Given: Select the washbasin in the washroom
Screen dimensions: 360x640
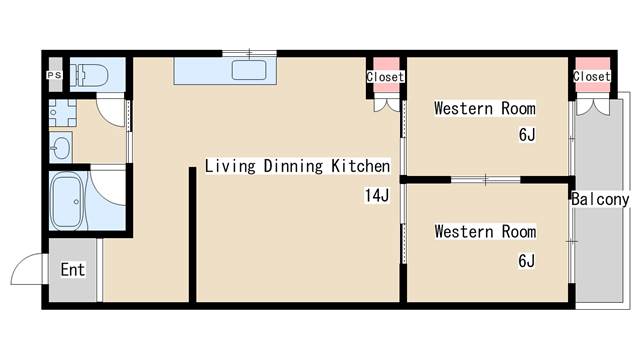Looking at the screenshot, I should pyautogui.click(x=60, y=148).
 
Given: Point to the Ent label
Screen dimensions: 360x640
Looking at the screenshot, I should pyautogui.click(x=72, y=269).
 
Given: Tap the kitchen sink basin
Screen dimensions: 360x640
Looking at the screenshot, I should pyautogui.click(x=249, y=71).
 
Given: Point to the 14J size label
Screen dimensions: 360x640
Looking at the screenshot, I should pyautogui.click(x=376, y=196).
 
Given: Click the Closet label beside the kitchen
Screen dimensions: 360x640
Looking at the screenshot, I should pyautogui.click(x=385, y=77).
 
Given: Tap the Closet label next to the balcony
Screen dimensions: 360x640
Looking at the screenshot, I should pyautogui.click(x=591, y=77).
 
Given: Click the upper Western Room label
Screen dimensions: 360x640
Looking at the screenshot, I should pyautogui.click(x=484, y=108).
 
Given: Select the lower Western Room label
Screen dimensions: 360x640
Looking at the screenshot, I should pyautogui.click(x=484, y=232).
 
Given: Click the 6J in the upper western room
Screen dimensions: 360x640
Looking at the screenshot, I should pyautogui.click(x=526, y=135).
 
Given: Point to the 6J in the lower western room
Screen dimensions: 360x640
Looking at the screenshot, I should pyautogui.click(x=526, y=262).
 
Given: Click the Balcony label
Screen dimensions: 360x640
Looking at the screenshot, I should pyautogui.click(x=600, y=200).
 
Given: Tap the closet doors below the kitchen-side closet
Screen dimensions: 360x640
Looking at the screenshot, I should pyautogui.click(x=385, y=102).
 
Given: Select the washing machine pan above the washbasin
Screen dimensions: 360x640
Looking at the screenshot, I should pyautogui.click(x=60, y=113).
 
